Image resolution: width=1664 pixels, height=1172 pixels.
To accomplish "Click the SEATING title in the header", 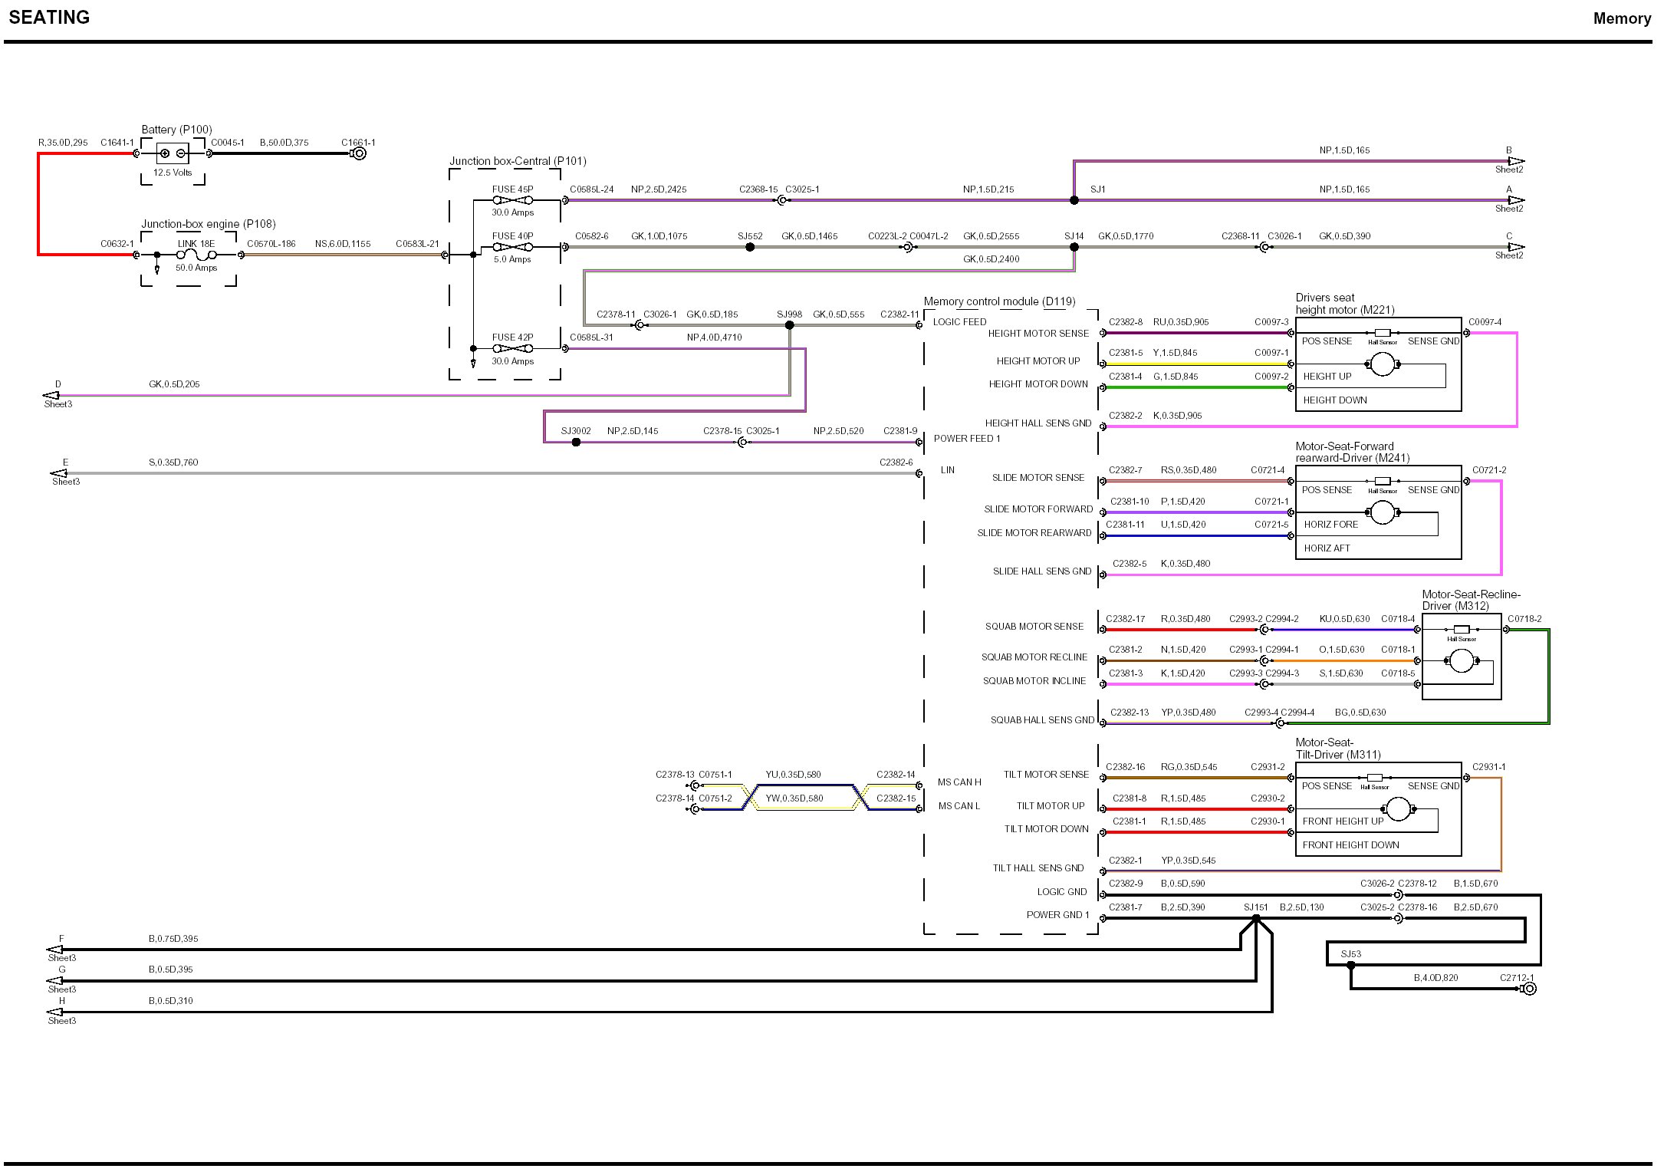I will (49, 18).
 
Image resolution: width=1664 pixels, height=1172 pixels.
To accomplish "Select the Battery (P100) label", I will (176, 130).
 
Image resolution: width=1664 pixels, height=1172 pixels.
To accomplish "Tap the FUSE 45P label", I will (512, 189).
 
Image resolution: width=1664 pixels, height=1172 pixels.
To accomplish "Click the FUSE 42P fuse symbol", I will (512, 349).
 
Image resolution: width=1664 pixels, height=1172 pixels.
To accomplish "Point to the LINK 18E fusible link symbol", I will (197, 255).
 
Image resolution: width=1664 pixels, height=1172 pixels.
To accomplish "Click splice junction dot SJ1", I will (1074, 200).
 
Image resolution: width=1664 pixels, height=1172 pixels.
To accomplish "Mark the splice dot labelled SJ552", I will (750, 247).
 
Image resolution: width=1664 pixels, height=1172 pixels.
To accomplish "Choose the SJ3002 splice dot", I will (576, 443).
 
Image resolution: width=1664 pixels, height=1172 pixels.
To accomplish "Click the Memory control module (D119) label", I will (999, 301).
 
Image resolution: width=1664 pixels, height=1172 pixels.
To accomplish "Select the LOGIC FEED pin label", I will (959, 322).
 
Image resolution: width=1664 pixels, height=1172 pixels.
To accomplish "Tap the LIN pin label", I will (948, 470).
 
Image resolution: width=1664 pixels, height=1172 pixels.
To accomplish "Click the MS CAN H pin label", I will (959, 782).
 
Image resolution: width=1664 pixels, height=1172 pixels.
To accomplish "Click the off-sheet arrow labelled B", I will (1515, 162).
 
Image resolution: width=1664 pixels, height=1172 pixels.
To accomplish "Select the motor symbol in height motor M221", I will (1382, 364).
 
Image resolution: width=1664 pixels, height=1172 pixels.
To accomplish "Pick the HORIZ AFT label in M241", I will (1327, 548).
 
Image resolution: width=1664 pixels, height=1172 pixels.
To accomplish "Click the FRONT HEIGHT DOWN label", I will (1350, 845).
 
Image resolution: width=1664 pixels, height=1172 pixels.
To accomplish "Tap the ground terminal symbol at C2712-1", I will (1529, 989).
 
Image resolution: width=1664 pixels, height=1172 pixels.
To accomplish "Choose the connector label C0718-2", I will (1524, 619).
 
